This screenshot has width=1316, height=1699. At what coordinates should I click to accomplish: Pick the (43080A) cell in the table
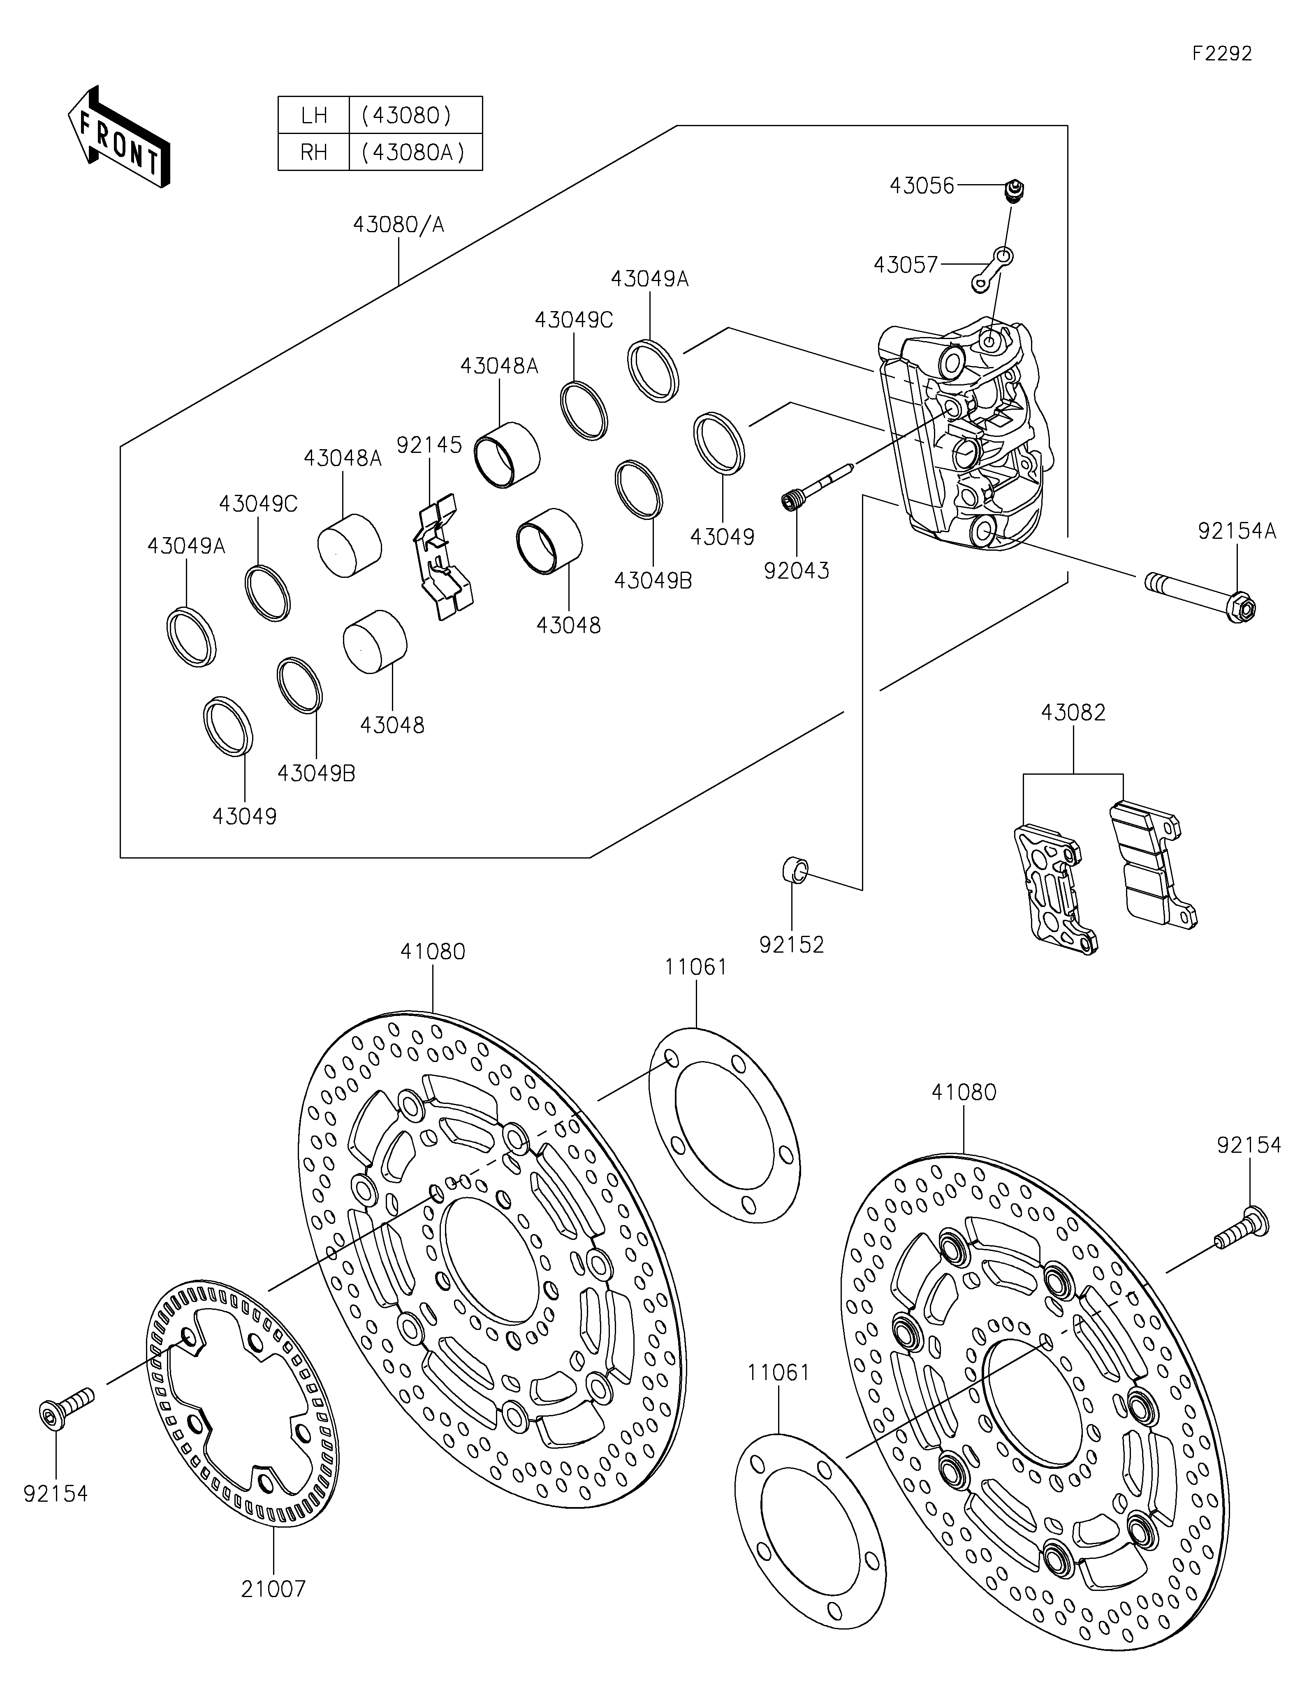pos(416,152)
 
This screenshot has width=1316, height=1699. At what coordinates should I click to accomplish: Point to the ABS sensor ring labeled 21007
pos(243,1410)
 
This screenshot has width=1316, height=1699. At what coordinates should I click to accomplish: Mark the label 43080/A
pos(399,225)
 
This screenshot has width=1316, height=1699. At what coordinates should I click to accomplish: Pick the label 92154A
pos(1237,531)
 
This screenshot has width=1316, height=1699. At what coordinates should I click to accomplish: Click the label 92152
pos(792,944)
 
